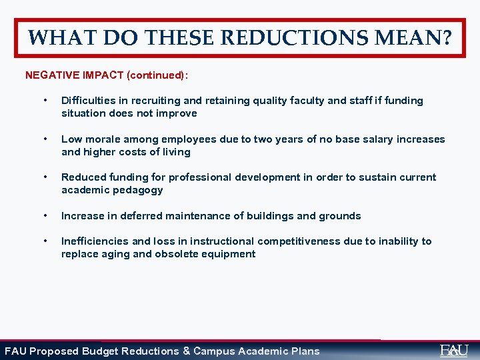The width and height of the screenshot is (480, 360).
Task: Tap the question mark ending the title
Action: (x=445, y=38)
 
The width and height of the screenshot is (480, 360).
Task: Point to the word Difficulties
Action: (x=87, y=101)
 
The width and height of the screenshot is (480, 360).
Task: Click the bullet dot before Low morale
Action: (x=44, y=139)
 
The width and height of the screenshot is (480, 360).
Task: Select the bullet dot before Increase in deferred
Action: (x=44, y=216)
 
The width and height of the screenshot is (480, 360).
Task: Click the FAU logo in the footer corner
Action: (x=454, y=350)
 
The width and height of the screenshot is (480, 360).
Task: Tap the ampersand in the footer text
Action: (x=187, y=351)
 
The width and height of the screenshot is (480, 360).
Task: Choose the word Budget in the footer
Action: (x=101, y=351)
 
